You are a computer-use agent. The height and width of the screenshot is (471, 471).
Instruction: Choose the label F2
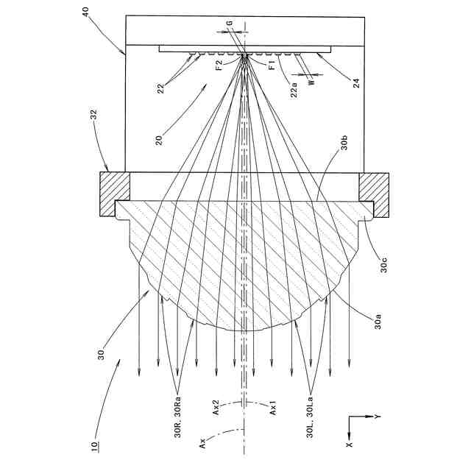219,65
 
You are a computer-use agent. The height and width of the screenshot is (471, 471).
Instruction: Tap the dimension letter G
230,24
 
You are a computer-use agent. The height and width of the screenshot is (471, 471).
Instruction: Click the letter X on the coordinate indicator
350,445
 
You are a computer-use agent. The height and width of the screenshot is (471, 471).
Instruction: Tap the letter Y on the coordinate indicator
377,417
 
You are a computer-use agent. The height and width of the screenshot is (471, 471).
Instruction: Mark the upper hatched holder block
114,194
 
